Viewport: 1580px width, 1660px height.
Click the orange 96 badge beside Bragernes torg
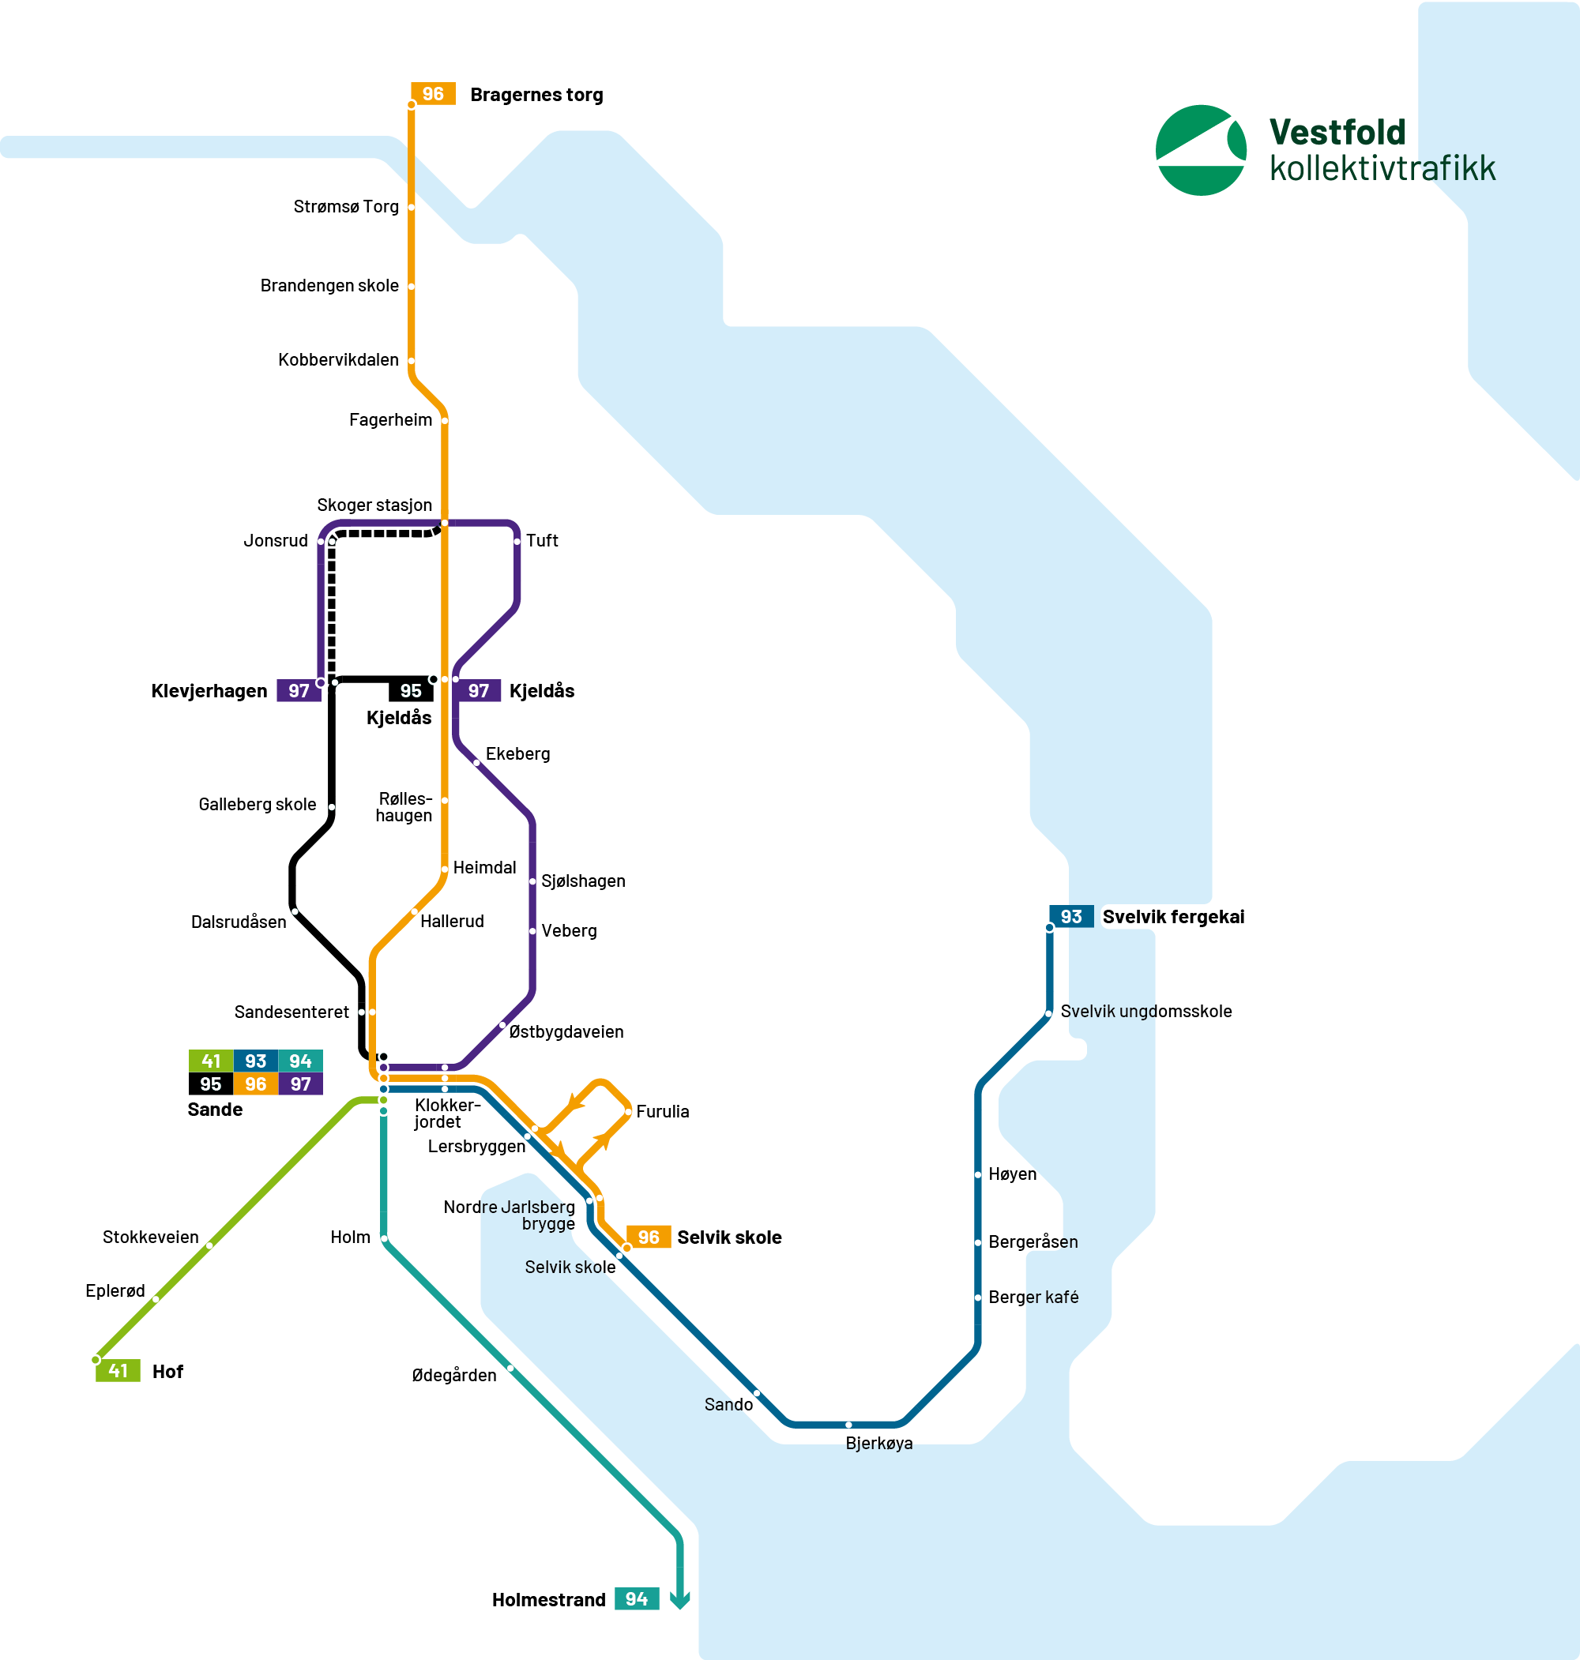(x=433, y=93)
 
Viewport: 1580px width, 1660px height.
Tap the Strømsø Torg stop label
(x=345, y=206)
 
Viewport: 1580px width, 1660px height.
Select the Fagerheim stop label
(x=390, y=419)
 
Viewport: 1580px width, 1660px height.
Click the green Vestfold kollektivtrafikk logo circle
(x=1200, y=151)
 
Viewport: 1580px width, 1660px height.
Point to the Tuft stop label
(x=542, y=540)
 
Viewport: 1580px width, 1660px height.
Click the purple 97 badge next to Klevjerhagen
(x=298, y=690)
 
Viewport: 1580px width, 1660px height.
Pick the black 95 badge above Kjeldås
(x=410, y=690)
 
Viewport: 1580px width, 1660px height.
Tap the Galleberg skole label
(x=257, y=804)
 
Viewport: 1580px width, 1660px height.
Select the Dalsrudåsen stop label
(x=239, y=922)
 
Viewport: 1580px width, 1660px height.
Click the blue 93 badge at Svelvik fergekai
(x=1070, y=916)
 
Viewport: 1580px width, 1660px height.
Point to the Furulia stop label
(x=662, y=1111)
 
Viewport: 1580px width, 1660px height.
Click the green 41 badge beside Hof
(x=118, y=1370)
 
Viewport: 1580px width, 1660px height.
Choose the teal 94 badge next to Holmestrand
(x=636, y=1598)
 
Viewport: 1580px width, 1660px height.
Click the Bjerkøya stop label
(x=878, y=1443)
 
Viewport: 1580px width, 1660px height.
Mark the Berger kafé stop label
(x=1033, y=1298)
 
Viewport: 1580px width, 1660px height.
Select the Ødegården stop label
(x=454, y=1375)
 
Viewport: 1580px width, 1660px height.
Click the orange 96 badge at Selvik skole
(x=648, y=1237)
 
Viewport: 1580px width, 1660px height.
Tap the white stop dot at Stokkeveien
(x=209, y=1245)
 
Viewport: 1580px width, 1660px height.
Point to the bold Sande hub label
(x=215, y=1110)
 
